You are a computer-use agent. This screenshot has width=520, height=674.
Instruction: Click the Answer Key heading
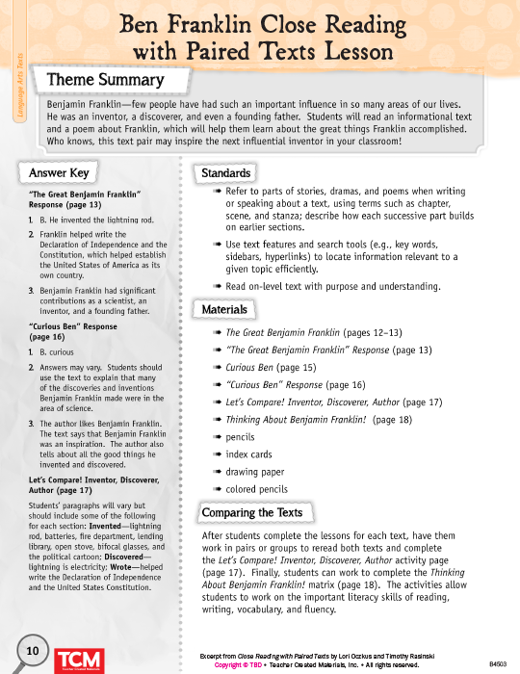61,172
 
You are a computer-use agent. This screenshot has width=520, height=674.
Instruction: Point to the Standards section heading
226,172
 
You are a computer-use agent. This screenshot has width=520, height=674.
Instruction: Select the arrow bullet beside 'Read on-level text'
219,286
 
